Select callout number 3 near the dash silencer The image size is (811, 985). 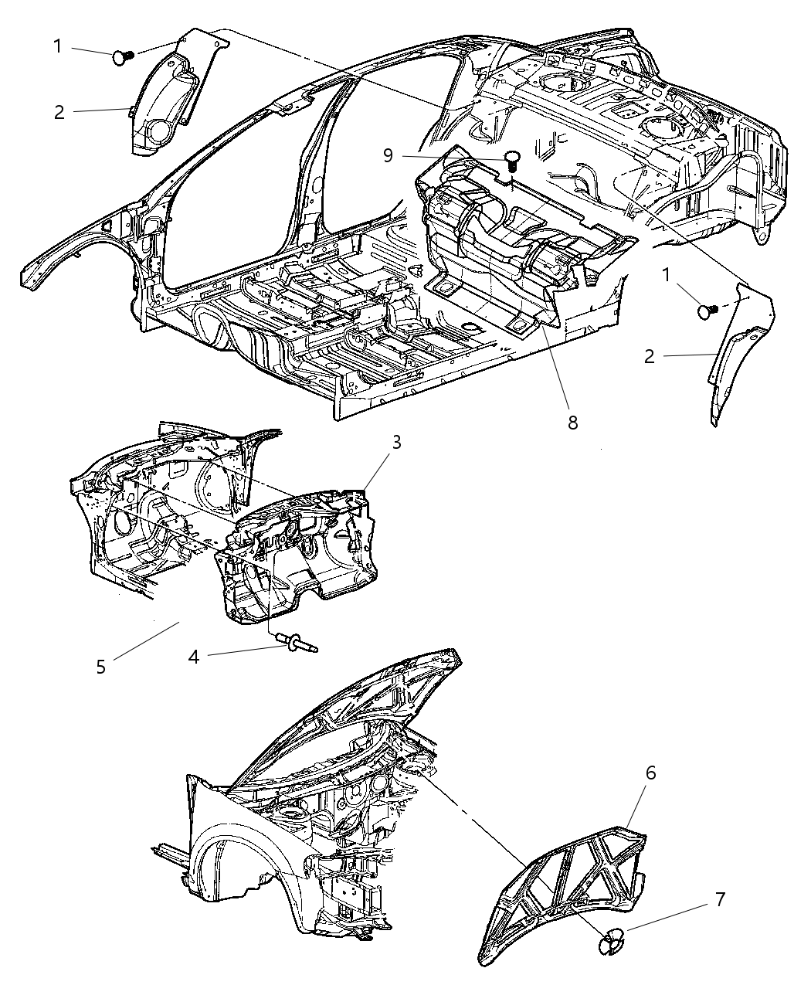coord(395,443)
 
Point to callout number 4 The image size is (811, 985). coord(194,657)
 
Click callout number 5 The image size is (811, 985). coord(101,667)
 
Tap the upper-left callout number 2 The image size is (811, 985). coord(59,112)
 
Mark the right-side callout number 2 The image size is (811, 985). coord(650,356)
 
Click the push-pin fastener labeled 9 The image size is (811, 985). coord(511,160)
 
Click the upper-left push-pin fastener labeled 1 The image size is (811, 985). coord(122,55)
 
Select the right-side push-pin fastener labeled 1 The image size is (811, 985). coord(707,311)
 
